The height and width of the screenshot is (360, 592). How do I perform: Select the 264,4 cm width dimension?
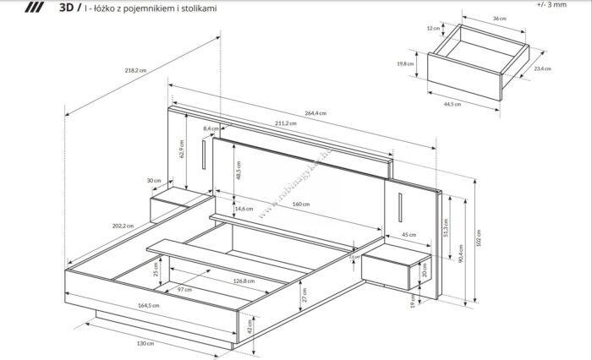point(315,112)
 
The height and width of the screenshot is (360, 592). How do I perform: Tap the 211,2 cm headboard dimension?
point(284,123)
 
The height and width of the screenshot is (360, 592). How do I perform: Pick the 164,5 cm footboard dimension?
point(149,305)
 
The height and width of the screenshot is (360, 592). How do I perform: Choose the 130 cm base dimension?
point(145,343)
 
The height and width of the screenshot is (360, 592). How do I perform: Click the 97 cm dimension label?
point(184,290)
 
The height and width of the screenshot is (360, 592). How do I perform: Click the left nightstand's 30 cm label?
point(154,180)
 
